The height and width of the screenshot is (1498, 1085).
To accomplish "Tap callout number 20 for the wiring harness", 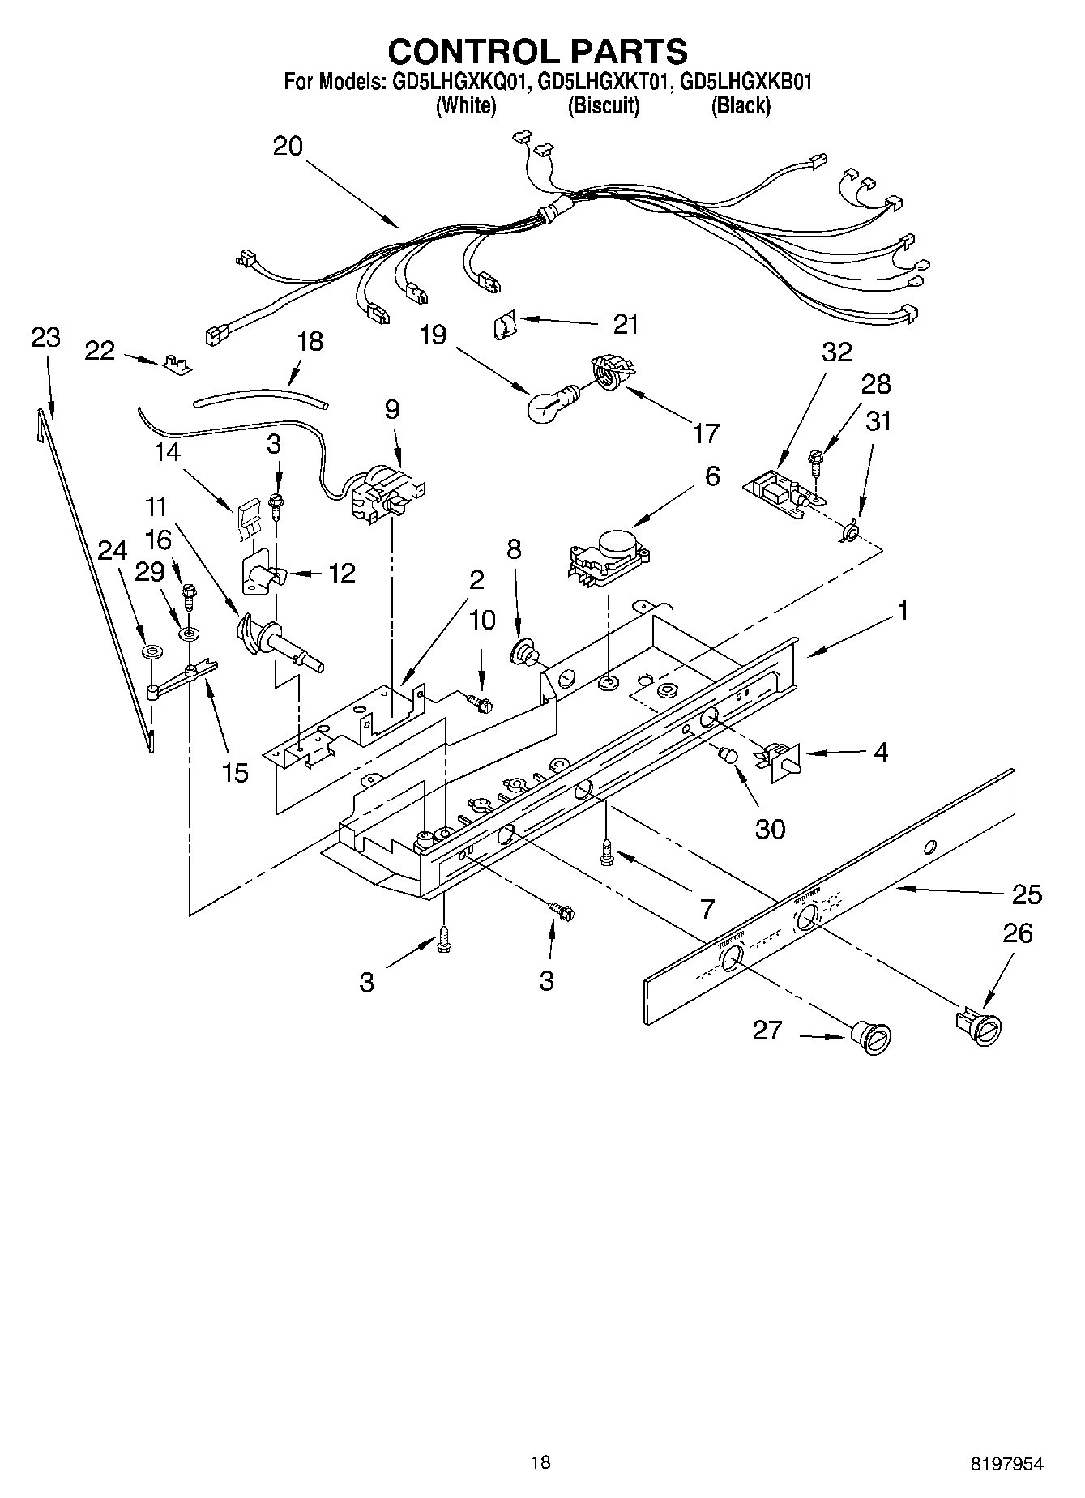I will point(288,147).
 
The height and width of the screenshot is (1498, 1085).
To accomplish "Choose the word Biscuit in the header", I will point(603,106).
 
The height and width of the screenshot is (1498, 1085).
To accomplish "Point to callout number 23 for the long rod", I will point(45,337).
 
